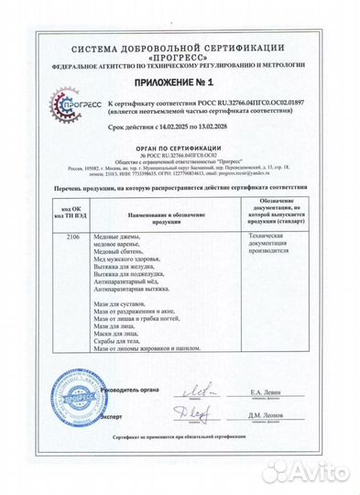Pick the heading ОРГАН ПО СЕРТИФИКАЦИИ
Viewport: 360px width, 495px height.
point(180,148)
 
